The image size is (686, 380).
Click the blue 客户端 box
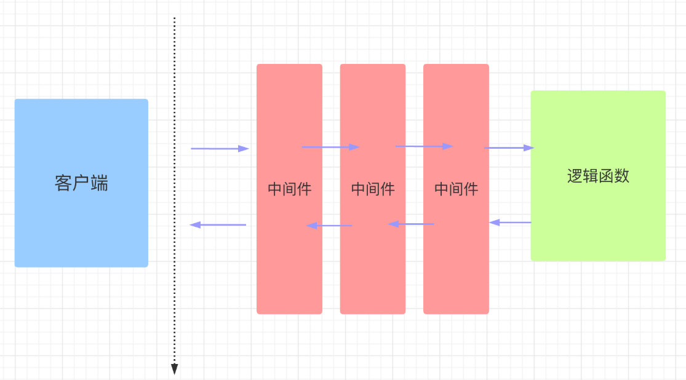click(81, 148)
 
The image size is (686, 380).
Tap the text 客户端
click(81, 183)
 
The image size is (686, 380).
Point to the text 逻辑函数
click(598, 176)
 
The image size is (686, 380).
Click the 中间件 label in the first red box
click(289, 189)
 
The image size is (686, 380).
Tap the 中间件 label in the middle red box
click(373, 189)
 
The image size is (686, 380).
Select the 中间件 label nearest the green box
click(456, 189)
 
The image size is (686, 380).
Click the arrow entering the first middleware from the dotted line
click(220, 148)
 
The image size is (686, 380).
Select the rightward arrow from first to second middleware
click(330, 147)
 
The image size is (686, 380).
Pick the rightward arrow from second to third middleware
click(424, 146)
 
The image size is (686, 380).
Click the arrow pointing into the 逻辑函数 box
click(509, 148)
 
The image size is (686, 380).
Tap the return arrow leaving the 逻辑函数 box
click(510, 222)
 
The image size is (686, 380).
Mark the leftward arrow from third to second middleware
click(411, 224)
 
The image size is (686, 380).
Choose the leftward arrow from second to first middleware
click(329, 226)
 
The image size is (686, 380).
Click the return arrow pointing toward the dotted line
click(218, 225)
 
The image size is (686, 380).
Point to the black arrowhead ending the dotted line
click(174, 369)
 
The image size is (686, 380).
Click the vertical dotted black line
click(174, 184)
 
